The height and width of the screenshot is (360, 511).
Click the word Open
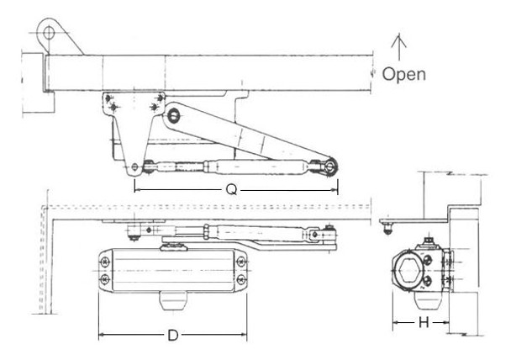click(x=403, y=74)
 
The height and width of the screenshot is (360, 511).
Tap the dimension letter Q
click(x=230, y=191)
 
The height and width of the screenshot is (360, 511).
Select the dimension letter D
click(x=172, y=336)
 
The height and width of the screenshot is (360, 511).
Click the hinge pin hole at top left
click(x=50, y=33)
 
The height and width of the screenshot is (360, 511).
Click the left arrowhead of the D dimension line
click(x=101, y=336)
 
